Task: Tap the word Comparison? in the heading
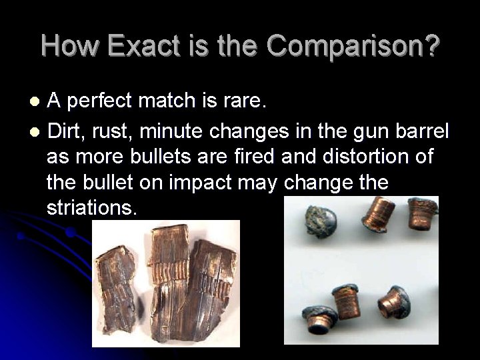(353, 46)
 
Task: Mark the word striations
(91, 207)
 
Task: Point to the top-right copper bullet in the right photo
(421, 213)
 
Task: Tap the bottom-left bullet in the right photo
(319, 318)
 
